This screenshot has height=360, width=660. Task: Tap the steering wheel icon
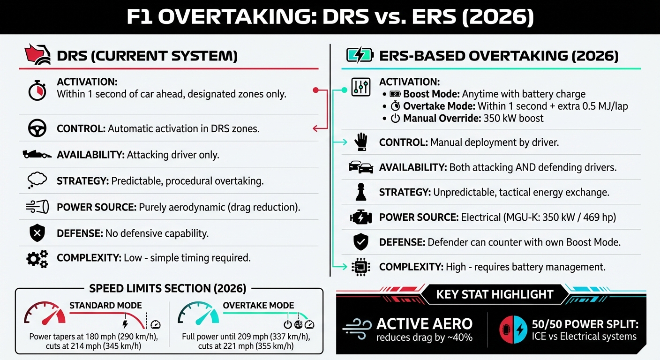coord(37,128)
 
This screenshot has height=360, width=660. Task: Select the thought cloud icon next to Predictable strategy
coord(37,180)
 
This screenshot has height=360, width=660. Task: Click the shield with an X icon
coord(37,232)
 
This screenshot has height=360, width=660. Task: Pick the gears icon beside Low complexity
coord(37,258)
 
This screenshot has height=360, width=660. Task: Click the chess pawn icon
coord(360,192)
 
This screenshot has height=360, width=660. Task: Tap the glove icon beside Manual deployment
coord(360,142)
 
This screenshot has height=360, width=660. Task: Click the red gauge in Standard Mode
coord(45,314)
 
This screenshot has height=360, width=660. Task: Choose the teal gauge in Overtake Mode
coord(198,314)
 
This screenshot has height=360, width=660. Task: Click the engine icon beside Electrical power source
coord(360,217)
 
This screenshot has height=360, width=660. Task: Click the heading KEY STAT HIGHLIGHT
coord(495,294)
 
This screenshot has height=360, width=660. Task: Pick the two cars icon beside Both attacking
coord(360,167)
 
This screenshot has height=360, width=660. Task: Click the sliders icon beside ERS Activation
coord(360,88)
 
